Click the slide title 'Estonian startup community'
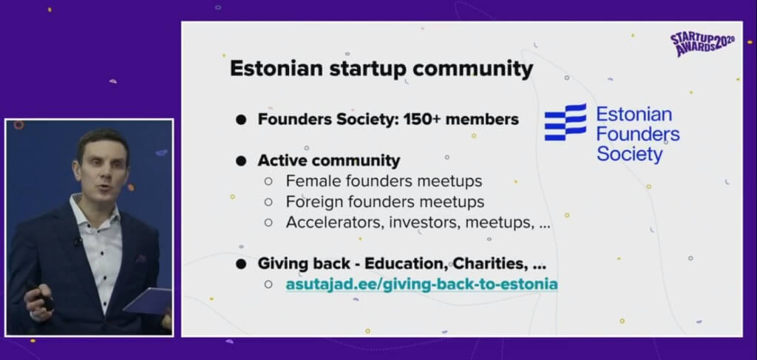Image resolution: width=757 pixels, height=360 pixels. (x=381, y=69)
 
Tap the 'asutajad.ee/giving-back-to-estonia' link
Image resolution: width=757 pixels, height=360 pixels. (x=421, y=285)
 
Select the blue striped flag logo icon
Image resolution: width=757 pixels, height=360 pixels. (x=566, y=122)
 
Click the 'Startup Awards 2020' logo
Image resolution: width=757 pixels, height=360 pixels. (x=702, y=44)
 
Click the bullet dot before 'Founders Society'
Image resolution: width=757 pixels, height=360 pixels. (x=241, y=120)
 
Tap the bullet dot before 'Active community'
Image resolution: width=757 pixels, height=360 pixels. (x=241, y=160)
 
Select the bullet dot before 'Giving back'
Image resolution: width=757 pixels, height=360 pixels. (x=241, y=264)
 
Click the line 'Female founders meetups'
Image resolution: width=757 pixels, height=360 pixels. (x=384, y=181)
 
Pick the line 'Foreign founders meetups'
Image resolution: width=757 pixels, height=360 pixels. (x=384, y=201)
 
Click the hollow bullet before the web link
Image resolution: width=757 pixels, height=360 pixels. (x=268, y=285)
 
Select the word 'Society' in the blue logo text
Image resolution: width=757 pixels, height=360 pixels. (x=630, y=154)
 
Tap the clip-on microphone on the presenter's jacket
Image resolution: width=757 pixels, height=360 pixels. (x=78, y=241)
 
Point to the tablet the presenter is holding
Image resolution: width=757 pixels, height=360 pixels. (x=147, y=299)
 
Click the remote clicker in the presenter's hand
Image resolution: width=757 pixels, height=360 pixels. (x=41, y=296)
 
